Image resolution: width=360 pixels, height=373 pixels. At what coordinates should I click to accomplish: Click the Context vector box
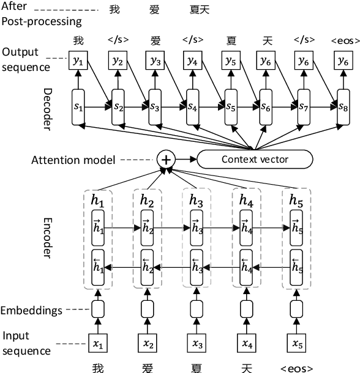point(254,160)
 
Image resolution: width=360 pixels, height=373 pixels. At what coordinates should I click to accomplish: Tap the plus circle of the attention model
point(166,160)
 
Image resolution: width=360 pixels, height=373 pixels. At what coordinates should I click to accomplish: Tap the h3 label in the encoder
point(197,200)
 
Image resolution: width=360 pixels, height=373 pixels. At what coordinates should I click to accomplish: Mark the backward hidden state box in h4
point(246,266)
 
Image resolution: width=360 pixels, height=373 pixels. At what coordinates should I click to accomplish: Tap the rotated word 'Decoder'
point(49,106)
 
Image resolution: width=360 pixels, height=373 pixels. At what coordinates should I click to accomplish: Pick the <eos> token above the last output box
point(345,40)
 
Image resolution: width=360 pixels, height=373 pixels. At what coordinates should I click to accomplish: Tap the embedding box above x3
point(197,308)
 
